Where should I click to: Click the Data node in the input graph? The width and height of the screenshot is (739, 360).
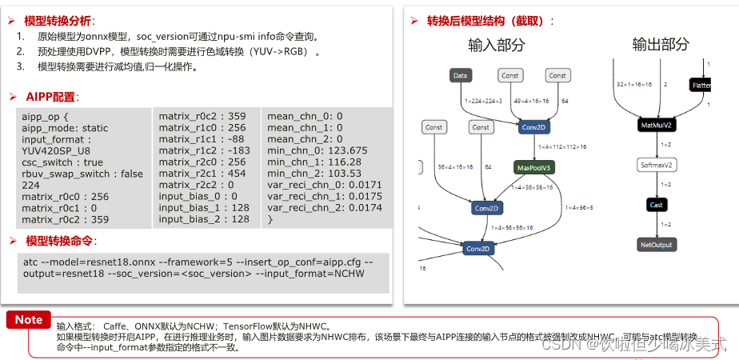(460, 76)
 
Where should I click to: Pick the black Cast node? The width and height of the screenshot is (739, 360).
(656, 206)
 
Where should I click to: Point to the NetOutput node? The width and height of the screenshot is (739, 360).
(657, 244)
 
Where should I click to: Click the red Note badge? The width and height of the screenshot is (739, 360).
(29, 320)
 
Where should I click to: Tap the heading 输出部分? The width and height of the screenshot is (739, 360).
(660, 44)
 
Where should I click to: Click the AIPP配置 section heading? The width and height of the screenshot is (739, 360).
(51, 97)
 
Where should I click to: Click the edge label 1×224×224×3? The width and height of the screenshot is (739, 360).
(483, 102)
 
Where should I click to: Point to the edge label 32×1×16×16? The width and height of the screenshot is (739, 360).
(634, 84)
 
